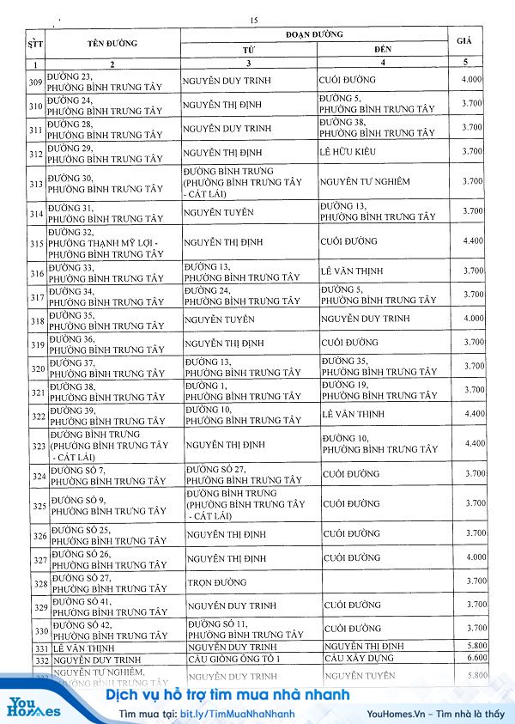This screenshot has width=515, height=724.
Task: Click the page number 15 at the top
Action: point(253,21)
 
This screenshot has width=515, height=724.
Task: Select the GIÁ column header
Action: point(464,40)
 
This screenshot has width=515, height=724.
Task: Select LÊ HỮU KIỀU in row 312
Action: point(348,152)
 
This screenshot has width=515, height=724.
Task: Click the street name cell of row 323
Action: point(107,447)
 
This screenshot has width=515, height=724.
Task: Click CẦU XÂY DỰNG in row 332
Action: point(359,659)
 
